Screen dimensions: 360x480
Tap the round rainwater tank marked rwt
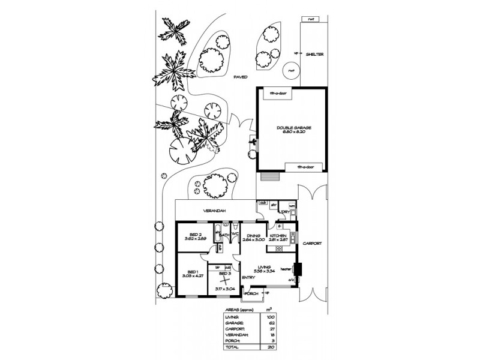pos(292,71)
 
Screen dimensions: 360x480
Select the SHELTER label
pos(315,54)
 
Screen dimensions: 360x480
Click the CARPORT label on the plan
pos(313,243)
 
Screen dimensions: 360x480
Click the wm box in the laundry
pos(292,205)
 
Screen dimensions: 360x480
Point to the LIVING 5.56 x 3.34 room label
pos(265,269)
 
